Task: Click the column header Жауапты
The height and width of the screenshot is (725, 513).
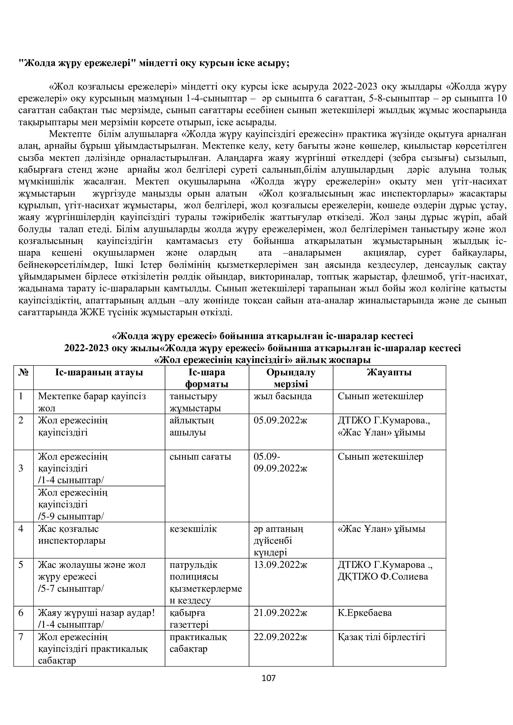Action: [389, 373]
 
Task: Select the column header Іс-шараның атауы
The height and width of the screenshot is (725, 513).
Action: [99, 373]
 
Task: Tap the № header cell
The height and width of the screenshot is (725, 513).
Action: [23, 373]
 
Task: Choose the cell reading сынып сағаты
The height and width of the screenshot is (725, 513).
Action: [200, 457]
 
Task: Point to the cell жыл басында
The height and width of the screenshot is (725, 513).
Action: [283, 396]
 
